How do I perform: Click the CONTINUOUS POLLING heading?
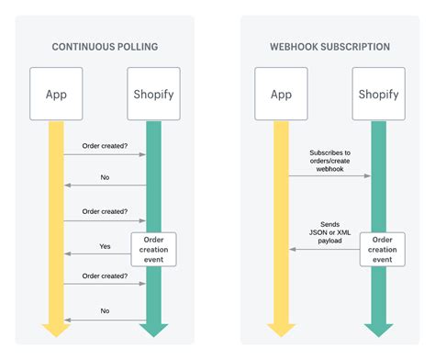tap(104, 45)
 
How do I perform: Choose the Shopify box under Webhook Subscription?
tap(377, 93)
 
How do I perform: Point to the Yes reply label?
tap(105, 245)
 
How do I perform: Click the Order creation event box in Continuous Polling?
tap(153, 249)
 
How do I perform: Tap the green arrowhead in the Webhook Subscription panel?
tap(377, 329)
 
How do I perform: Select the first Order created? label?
tap(105, 145)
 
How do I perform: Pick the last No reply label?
tap(105, 310)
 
